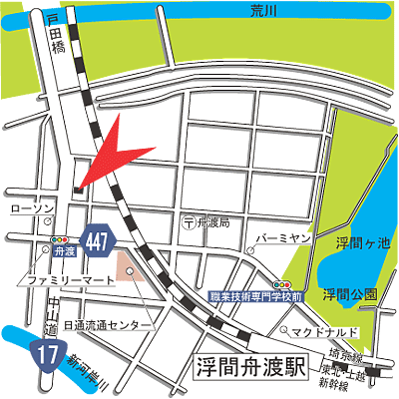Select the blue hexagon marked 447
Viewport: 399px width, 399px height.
click(97, 240)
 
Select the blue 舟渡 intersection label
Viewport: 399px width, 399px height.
click(66, 253)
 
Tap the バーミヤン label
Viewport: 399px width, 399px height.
click(286, 239)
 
